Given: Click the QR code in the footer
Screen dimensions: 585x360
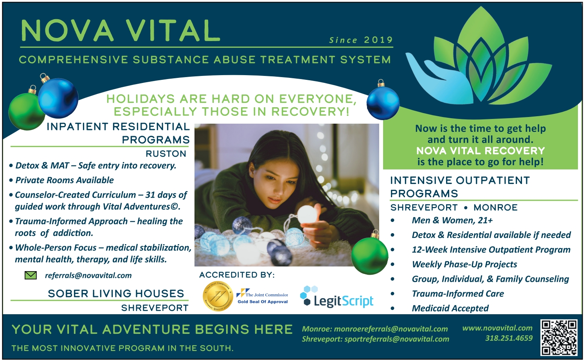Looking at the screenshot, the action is pyautogui.click(x=559, y=337).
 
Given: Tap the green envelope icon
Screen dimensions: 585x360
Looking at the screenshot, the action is pyautogui.click(x=31, y=275).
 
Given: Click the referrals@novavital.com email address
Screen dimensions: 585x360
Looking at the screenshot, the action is pyautogui.click(x=88, y=275).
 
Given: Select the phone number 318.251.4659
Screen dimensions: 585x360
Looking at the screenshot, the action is pyautogui.click(x=509, y=338).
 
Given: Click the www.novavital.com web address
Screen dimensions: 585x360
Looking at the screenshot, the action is pyautogui.click(x=497, y=328).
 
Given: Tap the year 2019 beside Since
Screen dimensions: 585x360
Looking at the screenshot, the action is pyautogui.click(x=378, y=40).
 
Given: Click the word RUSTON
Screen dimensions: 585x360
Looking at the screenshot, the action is pyautogui.click(x=166, y=154).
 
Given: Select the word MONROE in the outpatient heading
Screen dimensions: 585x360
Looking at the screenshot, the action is pyautogui.click(x=495, y=207).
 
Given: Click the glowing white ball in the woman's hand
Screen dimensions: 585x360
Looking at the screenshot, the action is pyautogui.click(x=308, y=214).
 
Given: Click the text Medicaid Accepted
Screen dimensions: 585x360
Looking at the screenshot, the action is pyautogui.click(x=450, y=308).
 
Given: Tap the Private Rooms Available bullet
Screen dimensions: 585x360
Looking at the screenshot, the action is pyautogui.click(x=65, y=180).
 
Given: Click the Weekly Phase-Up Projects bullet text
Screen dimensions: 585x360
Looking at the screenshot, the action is pyautogui.click(x=464, y=265).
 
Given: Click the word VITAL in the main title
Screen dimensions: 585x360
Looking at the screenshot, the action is pyautogui.click(x=173, y=31).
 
